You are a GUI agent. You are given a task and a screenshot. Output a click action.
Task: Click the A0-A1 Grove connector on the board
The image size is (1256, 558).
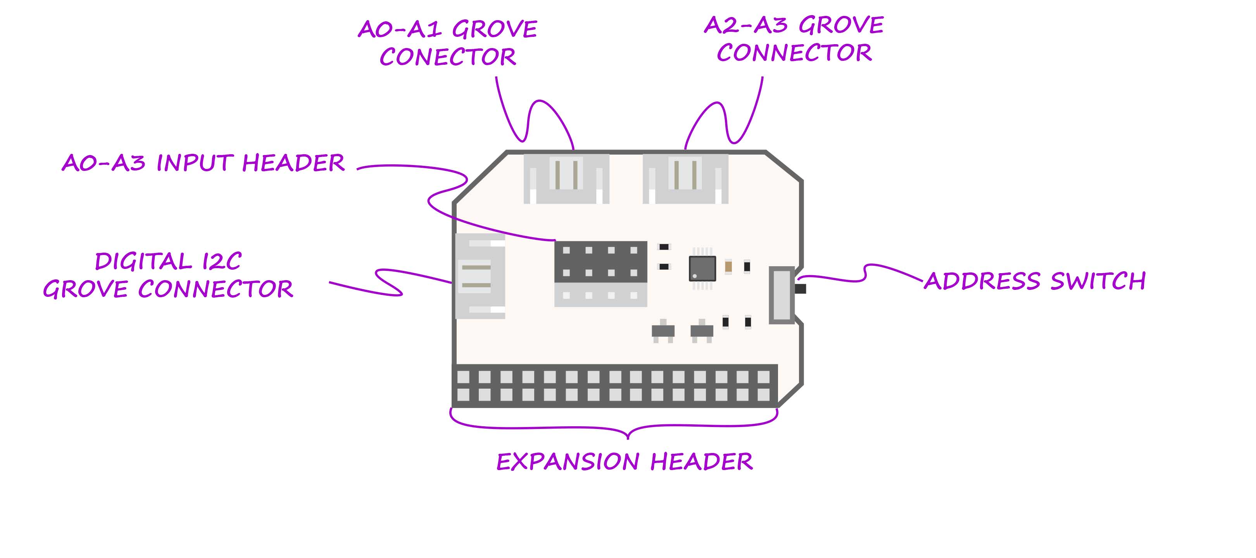[x=566, y=179]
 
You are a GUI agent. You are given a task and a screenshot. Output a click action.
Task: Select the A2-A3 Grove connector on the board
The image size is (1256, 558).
[x=685, y=179]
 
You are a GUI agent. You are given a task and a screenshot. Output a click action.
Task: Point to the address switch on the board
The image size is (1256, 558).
[x=782, y=295]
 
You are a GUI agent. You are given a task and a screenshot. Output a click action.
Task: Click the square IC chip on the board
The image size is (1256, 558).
[x=702, y=269]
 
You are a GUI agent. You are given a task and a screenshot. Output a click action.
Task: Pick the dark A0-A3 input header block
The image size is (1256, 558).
[x=600, y=261]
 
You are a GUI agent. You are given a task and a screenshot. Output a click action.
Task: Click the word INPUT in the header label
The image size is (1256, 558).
[x=195, y=163]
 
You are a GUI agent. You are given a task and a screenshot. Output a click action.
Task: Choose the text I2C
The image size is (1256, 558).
[x=222, y=262]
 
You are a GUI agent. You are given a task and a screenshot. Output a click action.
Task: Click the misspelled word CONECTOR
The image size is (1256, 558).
[x=448, y=57]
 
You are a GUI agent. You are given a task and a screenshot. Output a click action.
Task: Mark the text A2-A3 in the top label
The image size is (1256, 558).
[x=745, y=25]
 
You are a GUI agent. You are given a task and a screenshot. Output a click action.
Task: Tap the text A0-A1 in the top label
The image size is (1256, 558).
[x=399, y=29]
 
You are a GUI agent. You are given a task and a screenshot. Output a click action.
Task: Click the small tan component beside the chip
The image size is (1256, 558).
[x=728, y=267]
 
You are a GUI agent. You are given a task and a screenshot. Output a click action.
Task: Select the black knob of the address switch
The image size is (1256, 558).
[x=801, y=289]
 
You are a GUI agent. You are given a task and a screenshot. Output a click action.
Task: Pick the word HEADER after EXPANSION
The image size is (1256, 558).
[x=701, y=462]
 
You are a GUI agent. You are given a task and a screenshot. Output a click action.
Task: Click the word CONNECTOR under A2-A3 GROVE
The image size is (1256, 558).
[x=794, y=53]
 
